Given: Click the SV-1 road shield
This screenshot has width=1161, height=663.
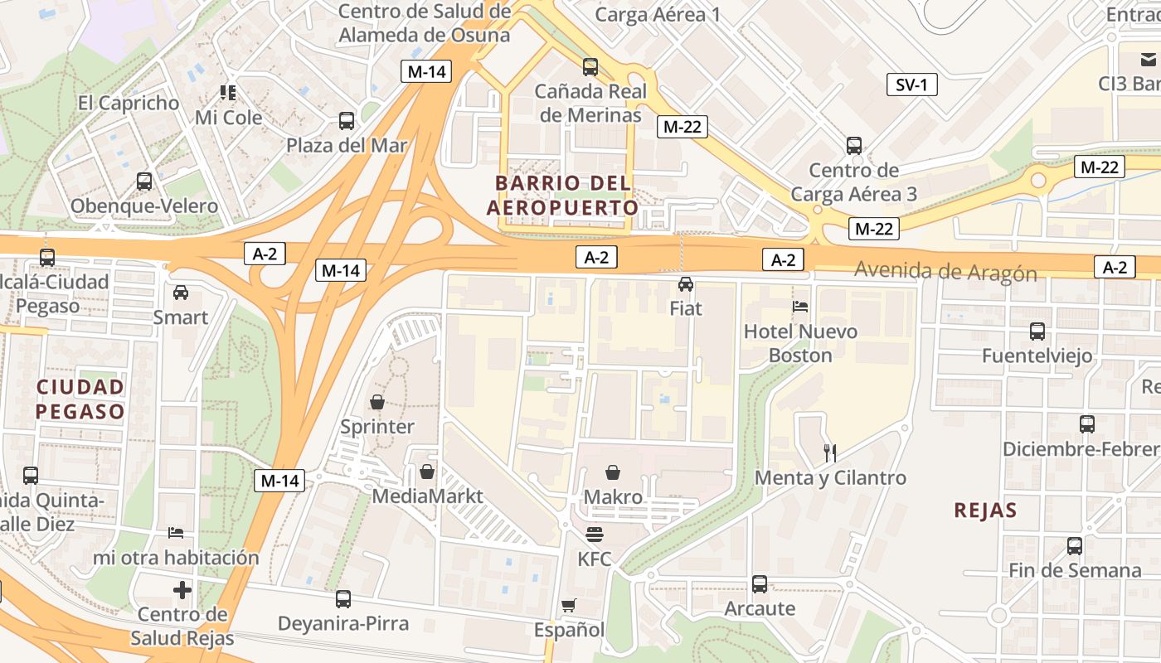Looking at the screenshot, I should coord(911,85).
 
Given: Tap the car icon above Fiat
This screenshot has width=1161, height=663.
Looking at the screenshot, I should coord(686,284).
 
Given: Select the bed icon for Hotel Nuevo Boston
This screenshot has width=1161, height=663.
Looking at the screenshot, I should coord(800,307).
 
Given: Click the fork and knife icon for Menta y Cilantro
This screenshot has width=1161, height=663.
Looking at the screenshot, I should coord(830,452).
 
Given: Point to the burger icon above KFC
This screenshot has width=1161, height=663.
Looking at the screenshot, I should coord(595,535).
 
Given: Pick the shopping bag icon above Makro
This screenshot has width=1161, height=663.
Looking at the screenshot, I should coord(613,472).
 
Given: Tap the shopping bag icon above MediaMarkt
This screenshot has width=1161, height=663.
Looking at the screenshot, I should coord(427,472).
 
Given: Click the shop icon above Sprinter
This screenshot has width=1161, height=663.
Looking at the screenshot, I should coord(377,402).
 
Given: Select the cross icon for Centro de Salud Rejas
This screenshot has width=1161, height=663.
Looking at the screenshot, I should coord(182,590).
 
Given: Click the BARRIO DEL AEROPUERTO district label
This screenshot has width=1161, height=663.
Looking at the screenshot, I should coord(563,195).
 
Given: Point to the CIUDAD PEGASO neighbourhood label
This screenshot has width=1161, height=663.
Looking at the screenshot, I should coord(80,399).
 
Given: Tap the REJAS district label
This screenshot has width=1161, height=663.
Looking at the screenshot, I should coord(985,510).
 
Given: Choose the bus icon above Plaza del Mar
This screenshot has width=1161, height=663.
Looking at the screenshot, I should coord(347,121).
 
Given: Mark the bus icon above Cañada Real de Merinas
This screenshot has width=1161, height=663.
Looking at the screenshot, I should coord(590,67).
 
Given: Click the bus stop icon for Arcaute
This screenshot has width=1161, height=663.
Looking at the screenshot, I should coord(760,583).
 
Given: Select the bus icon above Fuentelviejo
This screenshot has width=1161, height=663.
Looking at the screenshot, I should coord(1037,331).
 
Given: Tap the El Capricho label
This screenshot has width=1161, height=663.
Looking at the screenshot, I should coord(129,103).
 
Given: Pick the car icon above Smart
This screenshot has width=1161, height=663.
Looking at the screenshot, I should coord(181,293).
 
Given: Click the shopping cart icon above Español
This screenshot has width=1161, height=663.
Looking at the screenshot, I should coord(568,606).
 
